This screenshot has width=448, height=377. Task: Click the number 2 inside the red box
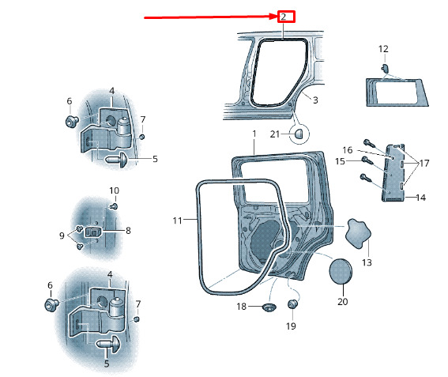click(x=283, y=17)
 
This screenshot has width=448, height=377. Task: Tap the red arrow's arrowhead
click(x=274, y=17)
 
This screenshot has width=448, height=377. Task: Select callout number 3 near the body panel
click(x=315, y=100)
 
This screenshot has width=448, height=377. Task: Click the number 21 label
click(x=275, y=134)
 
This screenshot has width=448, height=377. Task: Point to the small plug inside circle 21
click(x=299, y=134)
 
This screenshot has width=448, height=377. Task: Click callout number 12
click(x=383, y=49)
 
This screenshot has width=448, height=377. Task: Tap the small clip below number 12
click(x=385, y=68)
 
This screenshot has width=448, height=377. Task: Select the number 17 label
click(x=424, y=164)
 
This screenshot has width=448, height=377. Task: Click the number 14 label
click(x=421, y=198)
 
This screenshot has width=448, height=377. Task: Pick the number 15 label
click(x=340, y=161)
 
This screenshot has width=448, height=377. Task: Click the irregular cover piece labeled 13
click(x=358, y=234)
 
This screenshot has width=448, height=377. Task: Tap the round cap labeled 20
click(x=341, y=272)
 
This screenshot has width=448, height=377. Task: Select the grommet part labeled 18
click(x=269, y=307)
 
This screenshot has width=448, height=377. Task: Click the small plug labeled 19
click(x=292, y=303)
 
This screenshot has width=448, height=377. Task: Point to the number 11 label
click(x=177, y=221)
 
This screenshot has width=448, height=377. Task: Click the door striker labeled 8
click(x=93, y=232)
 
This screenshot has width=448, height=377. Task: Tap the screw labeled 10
click(x=115, y=206)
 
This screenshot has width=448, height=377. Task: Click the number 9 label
click(x=62, y=236)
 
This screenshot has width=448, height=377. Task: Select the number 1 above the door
click(x=254, y=134)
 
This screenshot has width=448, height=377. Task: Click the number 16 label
click(x=348, y=150)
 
